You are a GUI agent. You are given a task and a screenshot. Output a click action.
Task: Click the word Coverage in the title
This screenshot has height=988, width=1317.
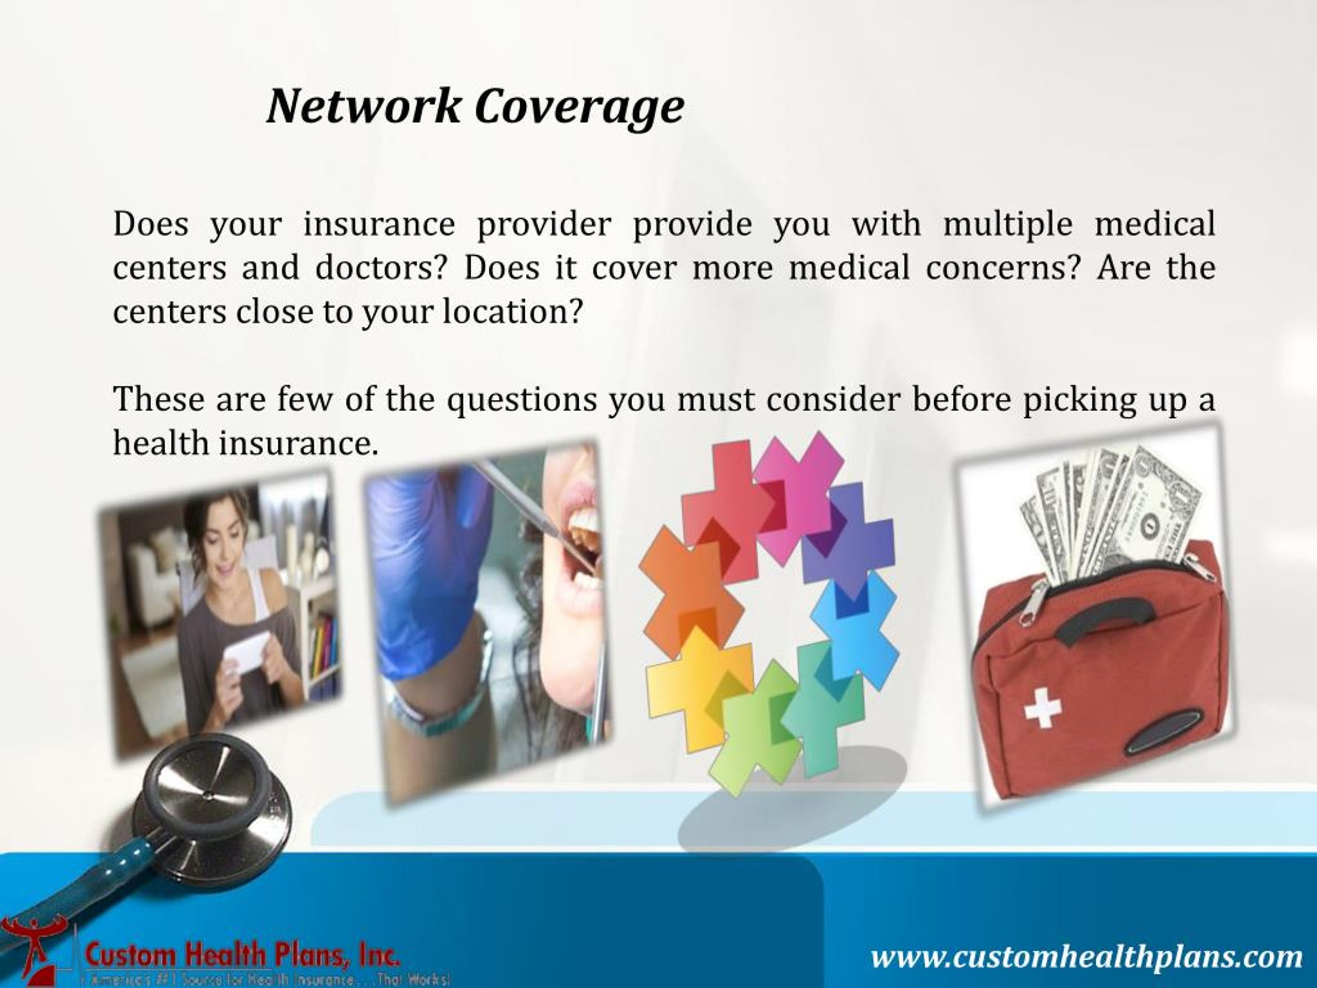(579, 107)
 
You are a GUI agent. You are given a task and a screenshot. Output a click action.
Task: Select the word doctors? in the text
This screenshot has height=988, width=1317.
(381, 268)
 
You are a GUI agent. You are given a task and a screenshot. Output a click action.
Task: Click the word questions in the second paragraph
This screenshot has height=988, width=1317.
(522, 398)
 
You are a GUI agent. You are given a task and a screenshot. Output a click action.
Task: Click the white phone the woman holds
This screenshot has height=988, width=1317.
(247, 652)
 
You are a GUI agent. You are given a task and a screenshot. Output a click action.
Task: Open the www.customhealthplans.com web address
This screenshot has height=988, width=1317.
(1087, 957)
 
